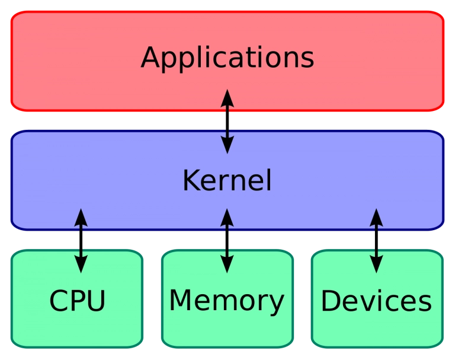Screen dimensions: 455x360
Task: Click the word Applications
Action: click(227, 58)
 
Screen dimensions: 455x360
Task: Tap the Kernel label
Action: click(227, 180)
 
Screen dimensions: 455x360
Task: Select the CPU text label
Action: click(77, 301)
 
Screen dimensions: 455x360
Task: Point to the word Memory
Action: click(227, 302)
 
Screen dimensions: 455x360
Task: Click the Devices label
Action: click(376, 301)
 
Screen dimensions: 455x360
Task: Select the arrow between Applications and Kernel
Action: click(227, 122)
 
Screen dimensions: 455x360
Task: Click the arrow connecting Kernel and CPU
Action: click(81, 241)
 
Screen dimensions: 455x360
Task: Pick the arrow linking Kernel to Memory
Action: click(227, 241)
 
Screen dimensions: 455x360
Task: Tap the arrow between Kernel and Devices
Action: click(376, 241)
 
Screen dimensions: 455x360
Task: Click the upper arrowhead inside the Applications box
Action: click(227, 98)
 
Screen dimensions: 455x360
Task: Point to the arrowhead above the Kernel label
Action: click(227, 145)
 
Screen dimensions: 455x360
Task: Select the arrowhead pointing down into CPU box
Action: click(81, 264)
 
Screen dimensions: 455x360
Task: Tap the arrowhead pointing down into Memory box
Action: click(227, 264)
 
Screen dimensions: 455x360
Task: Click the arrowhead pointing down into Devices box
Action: click(376, 264)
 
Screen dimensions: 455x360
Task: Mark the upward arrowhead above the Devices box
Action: click(376, 218)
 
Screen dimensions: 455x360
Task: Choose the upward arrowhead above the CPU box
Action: click(81, 218)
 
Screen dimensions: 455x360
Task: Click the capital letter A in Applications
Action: click(151, 57)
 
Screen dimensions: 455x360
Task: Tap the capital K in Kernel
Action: click(192, 180)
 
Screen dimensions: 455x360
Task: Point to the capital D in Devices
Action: click(331, 301)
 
